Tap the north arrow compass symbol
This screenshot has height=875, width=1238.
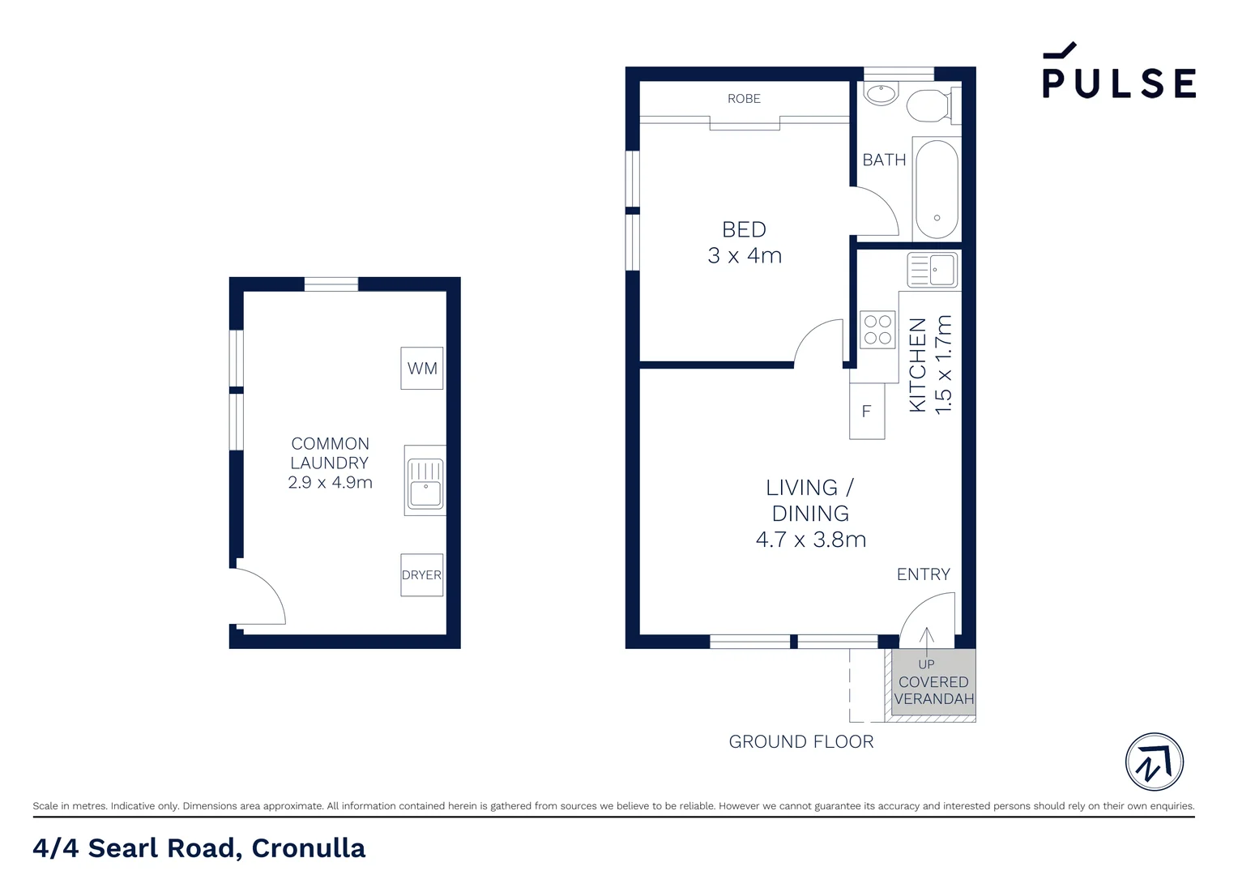[1155, 762]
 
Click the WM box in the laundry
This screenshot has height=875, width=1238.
[422, 369]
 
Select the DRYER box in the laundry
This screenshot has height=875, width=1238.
[422, 575]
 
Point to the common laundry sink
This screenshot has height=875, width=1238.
[425, 480]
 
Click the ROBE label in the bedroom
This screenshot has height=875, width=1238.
[744, 99]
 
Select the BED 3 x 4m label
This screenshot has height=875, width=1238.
[744, 242]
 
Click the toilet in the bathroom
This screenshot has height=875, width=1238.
[929, 105]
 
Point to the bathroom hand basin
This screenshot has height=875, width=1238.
[881, 94]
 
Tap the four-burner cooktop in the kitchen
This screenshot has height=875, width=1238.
[877, 330]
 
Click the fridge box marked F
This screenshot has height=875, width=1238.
[866, 412]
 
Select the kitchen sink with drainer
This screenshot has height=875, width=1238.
[933, 270]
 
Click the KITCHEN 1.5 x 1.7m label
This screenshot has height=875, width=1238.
[930, 365]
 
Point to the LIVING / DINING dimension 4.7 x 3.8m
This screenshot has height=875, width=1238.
[811, 540]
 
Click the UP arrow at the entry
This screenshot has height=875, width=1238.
[927, 644]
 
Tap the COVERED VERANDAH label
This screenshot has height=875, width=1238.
[933, 690]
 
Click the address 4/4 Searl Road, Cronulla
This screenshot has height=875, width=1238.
[199, 848]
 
